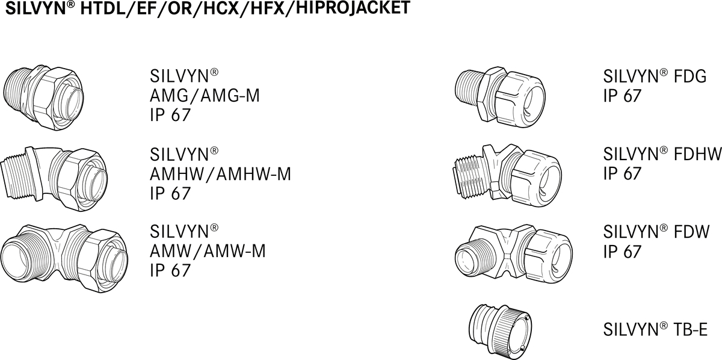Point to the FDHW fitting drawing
(505, 173)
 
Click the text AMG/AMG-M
(205, 96)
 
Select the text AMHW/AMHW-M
(220, 174)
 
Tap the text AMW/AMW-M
(208, 250)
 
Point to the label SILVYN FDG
(655, 77)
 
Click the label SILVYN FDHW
(662, 155)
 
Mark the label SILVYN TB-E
(655, 330)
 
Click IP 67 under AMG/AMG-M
(170, 115)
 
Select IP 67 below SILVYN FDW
(622, 251)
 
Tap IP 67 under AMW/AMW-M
(170, 270)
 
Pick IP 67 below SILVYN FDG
(622, 96)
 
